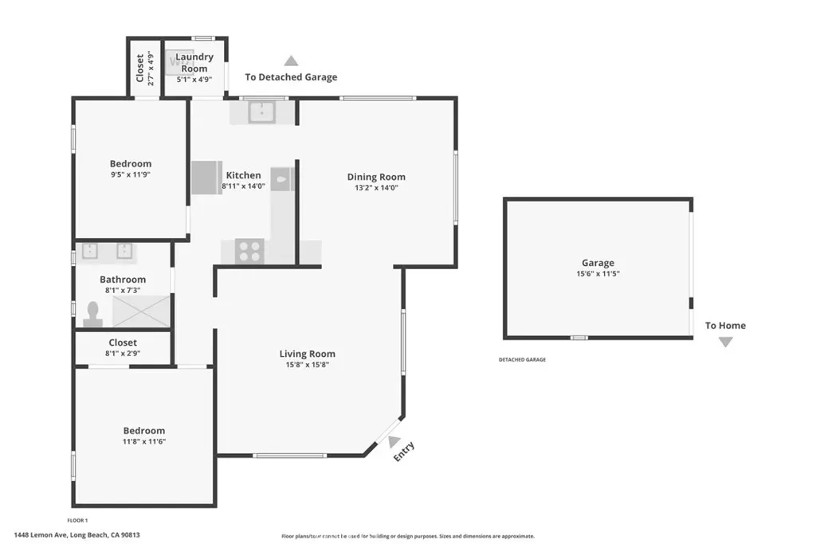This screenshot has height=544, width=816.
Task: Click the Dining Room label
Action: tap(376, 177)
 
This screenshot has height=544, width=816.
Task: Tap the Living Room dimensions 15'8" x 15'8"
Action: tap(307, 365)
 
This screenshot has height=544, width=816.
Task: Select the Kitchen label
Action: tap(244, 175)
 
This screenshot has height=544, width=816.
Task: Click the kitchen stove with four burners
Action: tap(249, 251)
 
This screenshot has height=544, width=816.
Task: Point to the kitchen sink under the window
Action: tap(261, 112)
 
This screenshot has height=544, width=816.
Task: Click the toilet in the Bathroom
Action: tap(93, 314)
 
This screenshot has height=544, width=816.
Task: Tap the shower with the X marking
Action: tap(142, 311)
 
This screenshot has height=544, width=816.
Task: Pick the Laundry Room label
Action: tap(194, 62)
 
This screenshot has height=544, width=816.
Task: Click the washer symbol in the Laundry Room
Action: tap(176, 62)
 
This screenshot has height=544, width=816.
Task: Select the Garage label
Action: tap(598, 263)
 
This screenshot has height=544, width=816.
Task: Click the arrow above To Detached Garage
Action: tap(291, 61)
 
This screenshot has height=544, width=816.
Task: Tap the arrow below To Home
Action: tap(725, 342)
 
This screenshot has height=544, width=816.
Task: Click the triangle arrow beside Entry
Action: tap(394, 441)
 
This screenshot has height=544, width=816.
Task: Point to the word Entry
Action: tap(404, 452)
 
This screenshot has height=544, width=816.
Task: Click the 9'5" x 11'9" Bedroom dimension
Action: tap(130, 174)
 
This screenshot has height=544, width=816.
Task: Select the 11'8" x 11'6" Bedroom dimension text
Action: tap(144, 441)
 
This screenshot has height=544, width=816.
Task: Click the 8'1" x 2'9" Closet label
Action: tap(123, 347)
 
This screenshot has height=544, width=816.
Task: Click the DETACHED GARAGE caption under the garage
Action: tap(523, 359)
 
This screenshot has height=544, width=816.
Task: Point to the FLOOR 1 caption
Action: tap(77, 520)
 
